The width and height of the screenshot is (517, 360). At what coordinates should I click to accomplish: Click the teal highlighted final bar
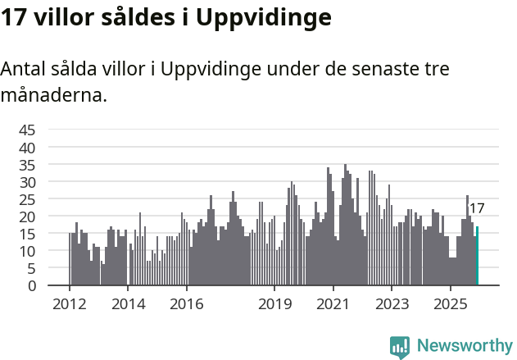click(x=477, y=257)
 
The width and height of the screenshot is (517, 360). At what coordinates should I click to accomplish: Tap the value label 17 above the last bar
click(x=476, y=208)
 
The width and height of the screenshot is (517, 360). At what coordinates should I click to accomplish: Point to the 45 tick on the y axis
click(x=27, y=130)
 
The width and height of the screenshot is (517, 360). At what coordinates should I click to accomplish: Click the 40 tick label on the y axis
click(x=27, y=148)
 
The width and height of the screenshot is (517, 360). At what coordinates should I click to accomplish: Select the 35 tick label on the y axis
click(x=27, y=165)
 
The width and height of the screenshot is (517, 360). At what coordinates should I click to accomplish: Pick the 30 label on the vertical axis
click(x=27, y=182)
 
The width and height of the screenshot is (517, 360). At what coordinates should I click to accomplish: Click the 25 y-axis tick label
click(x=27, y=199)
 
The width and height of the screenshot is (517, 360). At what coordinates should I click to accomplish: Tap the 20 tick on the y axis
click(x=27, y=216)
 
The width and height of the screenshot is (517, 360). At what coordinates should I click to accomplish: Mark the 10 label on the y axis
click(x=27, y=251)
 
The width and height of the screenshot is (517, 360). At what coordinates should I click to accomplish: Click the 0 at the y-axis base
click(x=31, y=285)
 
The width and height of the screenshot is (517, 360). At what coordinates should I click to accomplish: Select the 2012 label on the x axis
click(x=69, y=303)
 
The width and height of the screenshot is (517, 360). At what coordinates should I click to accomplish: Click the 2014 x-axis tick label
click(x=128, y=303)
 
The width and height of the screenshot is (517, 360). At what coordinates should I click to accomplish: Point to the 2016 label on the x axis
click(x=187, y=303)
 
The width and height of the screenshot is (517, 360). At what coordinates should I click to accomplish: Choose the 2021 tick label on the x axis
click(x=333, y=303)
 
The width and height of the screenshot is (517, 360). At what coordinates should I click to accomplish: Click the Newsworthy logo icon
click(x=400, y=346)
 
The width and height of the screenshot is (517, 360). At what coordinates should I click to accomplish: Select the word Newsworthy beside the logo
click(x=464, y=346)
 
